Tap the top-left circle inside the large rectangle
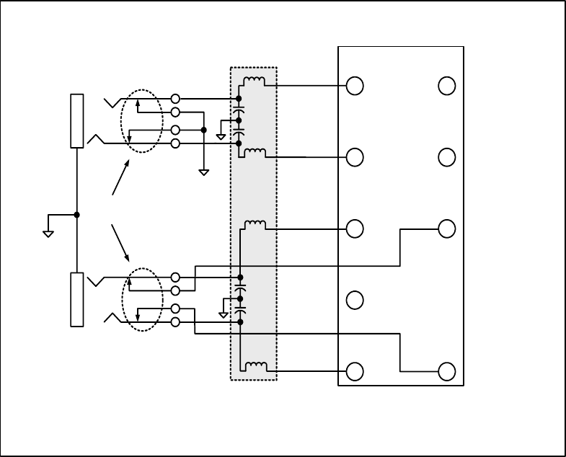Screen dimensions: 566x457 click(x=355, y=86)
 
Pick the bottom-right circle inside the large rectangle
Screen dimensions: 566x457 click(x=447, y=371)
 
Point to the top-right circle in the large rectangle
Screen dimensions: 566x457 click(x=447, y=86)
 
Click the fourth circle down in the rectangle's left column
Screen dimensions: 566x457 click(x=355, y=300)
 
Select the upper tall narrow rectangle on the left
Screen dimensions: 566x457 click(x=76, y=120)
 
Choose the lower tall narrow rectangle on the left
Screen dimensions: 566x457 click(x=76, y=299)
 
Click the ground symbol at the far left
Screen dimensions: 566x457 click(x=48, y=233)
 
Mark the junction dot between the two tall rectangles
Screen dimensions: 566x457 click(x=76, y=215)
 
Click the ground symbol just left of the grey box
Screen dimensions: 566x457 click(x=204, y=172)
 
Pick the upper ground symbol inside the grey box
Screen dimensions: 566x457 click(x=221, y=137)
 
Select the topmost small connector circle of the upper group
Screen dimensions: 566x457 click(x=175, y=98)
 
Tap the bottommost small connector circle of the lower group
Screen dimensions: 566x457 click(x=175, y=322)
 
